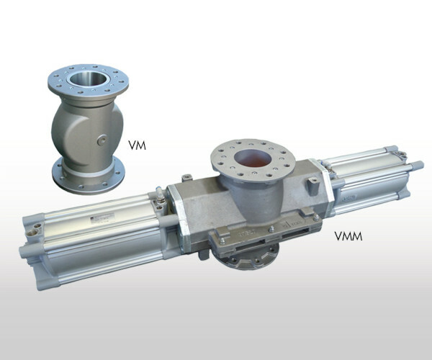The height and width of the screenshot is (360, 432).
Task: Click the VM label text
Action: click(138, 145)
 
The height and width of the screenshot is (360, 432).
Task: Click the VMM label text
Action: click(348, 236)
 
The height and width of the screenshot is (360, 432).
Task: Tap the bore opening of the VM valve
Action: click(88, 78)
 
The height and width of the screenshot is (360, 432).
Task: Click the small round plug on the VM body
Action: click(102, 140)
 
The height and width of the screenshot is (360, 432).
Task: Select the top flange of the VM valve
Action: click(88, 80)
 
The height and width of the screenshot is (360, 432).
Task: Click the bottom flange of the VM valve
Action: click(88, 176)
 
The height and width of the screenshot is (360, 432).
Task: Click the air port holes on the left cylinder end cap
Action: click(34, 230)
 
